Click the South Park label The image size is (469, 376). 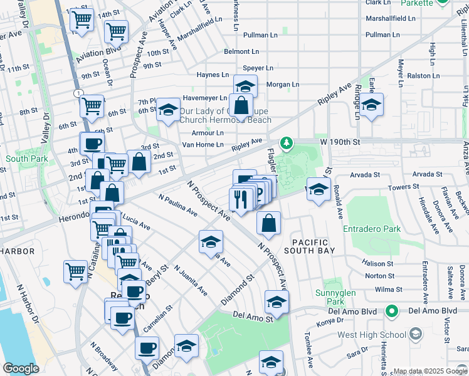tap(27, 159)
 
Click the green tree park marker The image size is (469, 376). tap(286, 144)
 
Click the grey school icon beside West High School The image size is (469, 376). tap(414, 335)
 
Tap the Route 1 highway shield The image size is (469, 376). tap(76, 93)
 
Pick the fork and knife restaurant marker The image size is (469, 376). tap(241, 200)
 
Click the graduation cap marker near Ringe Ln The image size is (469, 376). tap(372, 106)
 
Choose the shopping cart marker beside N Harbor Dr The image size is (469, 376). tap(76, 271)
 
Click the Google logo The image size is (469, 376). tap(21, 368)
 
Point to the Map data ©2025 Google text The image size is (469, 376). tap(430, 371)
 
